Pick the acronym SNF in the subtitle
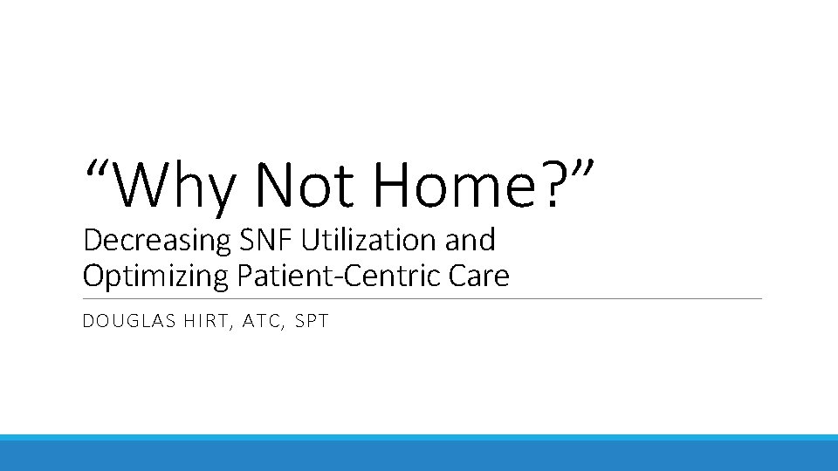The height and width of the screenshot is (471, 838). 251,239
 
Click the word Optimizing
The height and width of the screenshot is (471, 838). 155,277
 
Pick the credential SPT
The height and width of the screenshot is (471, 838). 312,321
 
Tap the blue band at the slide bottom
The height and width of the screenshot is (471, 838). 419,454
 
